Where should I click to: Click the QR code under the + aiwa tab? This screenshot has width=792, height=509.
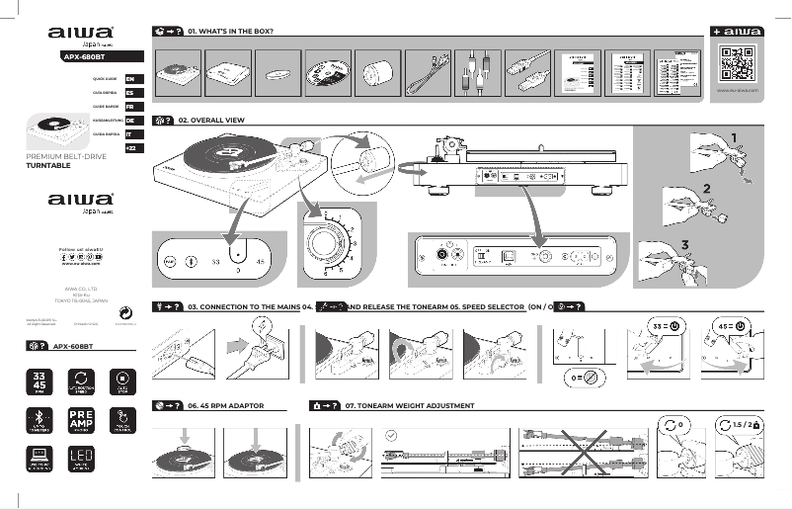pyautogui.click(x=738, y=64)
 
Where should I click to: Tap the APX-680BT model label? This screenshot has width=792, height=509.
pyautogui.click(x=84, y=57)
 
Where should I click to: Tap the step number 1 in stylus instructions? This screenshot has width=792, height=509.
pyautogui.click(x=734, y=137)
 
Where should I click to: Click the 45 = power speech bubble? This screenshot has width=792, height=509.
pyautogui.click(x=733, y=325)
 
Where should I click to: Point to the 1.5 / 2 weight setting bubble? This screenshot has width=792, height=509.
pyautogui.click(x=745, y=424)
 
